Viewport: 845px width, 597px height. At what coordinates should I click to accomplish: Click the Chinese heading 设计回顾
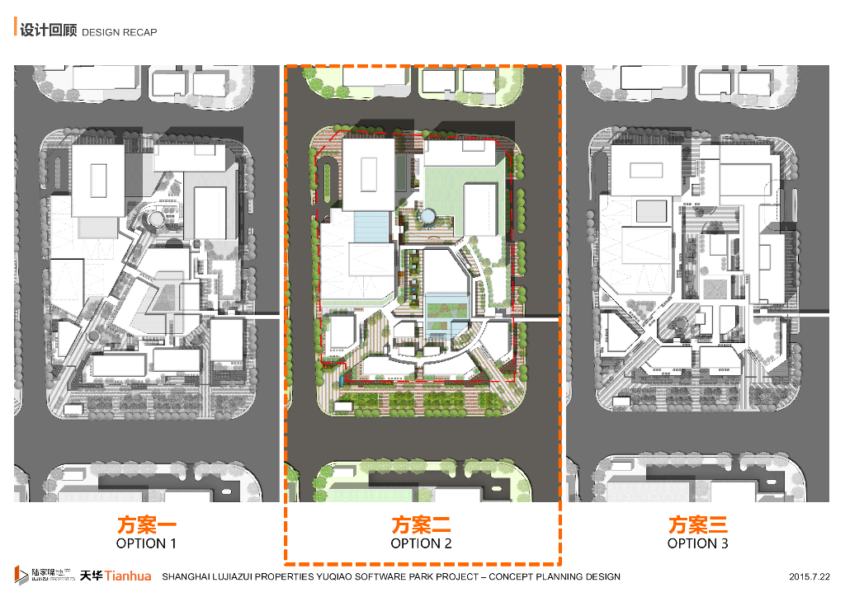(x=48, y=31)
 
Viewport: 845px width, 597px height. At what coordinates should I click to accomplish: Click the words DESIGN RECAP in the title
(x=119, y=32)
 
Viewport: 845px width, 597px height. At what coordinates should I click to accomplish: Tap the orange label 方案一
(x=146, y=524)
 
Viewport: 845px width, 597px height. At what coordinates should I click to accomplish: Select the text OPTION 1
(x=146, y=544)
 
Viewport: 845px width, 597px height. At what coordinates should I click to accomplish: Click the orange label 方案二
(x=422, y=524)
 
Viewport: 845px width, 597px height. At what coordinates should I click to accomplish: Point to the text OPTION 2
(x=422, y=544)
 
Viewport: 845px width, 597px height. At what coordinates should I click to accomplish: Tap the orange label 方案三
(x=698, y=524)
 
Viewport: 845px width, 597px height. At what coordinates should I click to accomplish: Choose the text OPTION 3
(x=698, y=544)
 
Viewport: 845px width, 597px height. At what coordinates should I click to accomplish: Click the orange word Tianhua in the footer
(x=129, y=576)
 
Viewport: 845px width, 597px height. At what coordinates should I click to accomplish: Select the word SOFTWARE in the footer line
(x=394, y=576)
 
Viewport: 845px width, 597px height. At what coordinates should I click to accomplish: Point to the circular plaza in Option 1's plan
(x=153, y=219)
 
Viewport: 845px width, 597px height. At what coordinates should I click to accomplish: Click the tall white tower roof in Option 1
(x=98, y=179)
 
